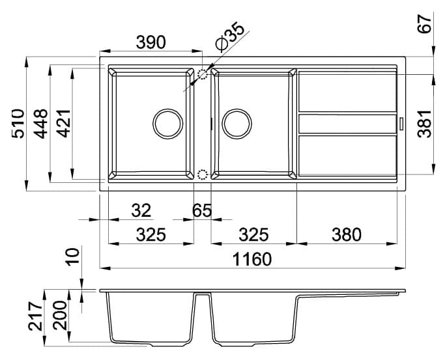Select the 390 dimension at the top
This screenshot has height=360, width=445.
coord(151,42)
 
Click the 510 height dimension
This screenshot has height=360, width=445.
coord(18,124)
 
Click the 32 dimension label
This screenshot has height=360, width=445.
coord(141,210)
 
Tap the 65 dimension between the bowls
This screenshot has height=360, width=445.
coord(203,210)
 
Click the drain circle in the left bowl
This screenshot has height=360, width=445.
coord(167,123)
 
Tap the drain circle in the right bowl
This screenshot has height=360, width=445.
coord(237,123)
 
